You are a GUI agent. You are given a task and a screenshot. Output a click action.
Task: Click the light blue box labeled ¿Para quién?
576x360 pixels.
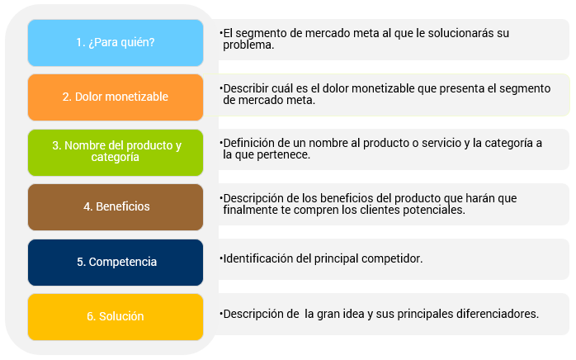click(116, 43)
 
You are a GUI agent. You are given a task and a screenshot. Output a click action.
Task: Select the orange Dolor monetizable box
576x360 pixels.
click(116, 97)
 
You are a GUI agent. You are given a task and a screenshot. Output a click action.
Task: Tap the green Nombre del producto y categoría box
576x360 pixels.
click(116, 153)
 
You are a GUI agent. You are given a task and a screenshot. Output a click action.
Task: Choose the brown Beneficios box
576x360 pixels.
click(116, 207)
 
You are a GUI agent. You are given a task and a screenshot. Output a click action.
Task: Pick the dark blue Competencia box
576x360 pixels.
click(116, 263)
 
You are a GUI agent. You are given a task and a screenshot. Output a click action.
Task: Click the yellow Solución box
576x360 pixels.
click(116, 317)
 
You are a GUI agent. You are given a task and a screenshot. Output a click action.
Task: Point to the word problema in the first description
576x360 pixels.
click(248, 45)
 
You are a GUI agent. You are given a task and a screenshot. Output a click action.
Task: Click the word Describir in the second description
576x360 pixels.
click(246, 88)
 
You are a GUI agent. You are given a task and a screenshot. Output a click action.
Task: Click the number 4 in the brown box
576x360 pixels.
click(87, 206)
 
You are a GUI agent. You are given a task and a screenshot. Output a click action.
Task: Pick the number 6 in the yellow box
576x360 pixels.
click(90, 316)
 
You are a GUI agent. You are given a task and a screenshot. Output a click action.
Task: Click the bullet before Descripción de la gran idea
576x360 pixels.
click(221, 314)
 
